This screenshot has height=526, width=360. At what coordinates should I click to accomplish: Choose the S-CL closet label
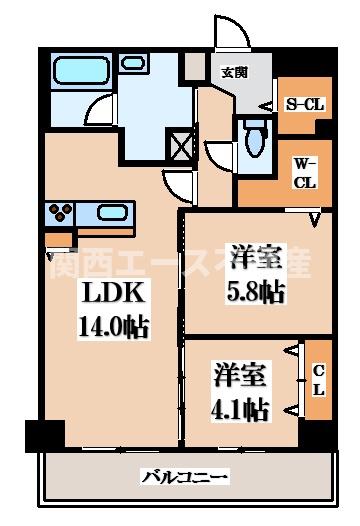pos(305,103)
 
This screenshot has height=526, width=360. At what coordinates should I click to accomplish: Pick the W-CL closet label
pos(305,171)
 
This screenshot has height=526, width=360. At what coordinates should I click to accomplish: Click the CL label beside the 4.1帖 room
pos(319,380)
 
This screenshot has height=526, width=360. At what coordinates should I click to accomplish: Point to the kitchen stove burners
pos(57,211)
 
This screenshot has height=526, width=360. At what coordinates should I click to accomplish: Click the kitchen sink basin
pos(108,212)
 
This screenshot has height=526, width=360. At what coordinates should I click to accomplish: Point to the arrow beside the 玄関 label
pos(266,105)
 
